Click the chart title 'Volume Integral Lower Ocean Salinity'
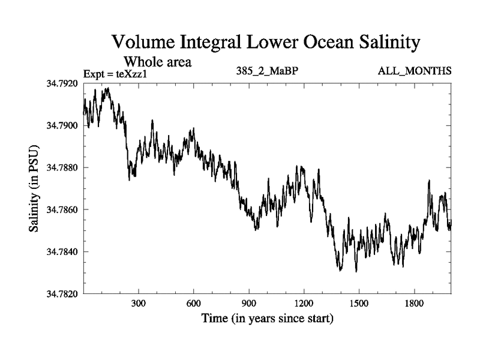pyautogui.click(x=264, y=43)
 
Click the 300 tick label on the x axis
pyautogui.click(x=139, y=304)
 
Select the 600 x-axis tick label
pyautogui.click(x=194, y=304)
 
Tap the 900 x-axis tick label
pyautogui.click(x=249, y=304)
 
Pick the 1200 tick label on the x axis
pyautogui.click(x=304, y=304)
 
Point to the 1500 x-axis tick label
pyautogui.click(x=359, y=304)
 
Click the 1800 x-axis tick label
pyautogui.click(x=414, y=304)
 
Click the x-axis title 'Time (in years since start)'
pyautogui.click(x=267, y=318)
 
